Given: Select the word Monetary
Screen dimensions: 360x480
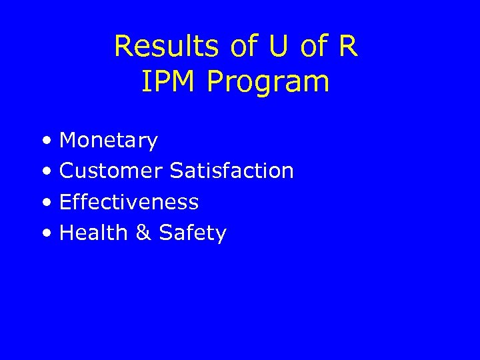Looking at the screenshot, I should [x=109, y=141].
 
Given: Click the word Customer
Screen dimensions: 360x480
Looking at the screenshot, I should [x=111, y=171].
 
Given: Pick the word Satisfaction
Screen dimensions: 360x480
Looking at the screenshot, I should [x=232, y=171].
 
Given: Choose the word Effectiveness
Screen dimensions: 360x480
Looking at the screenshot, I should [x=129, y=201].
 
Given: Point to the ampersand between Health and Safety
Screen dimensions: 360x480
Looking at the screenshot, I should [x=143, y=233].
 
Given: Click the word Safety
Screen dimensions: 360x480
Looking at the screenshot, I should [x=193, y=233].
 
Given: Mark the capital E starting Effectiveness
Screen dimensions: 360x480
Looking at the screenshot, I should [x=65, y=201].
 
